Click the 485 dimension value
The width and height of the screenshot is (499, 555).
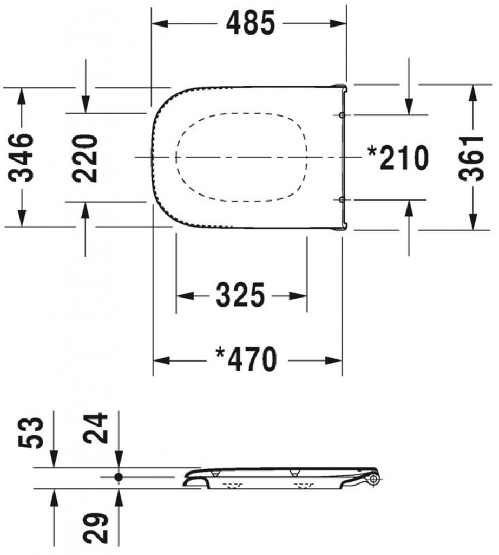(x=250, y=23)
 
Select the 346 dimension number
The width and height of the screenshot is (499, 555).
(x=22, y=158)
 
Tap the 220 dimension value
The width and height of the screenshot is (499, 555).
(x=85, y=158)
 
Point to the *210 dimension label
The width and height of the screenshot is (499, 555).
(x=398, y=158)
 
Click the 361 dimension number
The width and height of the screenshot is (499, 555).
(x=471, y=158)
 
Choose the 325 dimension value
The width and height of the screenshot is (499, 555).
(x=240, y=295)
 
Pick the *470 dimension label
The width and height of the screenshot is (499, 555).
(x=246, y=360)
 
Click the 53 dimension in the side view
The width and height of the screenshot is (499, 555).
(x=31, y=433)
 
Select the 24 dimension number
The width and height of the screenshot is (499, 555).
(x=95, y=428)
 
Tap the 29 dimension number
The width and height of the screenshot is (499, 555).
(x=95, y=527)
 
